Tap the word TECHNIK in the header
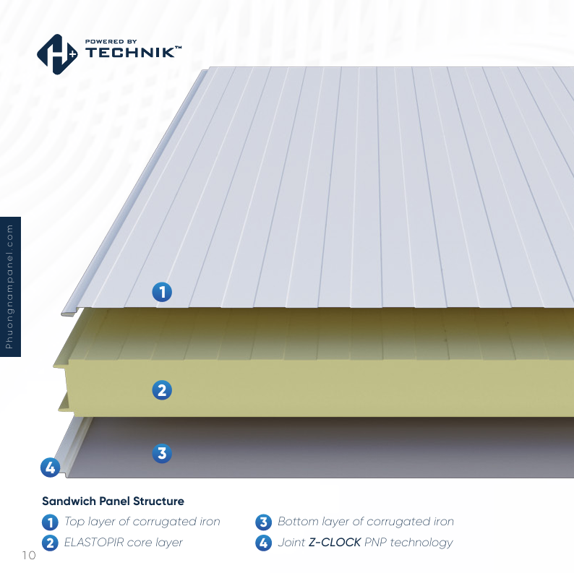point(132,53)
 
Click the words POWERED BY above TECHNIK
point(111,41)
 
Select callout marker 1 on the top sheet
point(162,292)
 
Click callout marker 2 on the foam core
point(162,390)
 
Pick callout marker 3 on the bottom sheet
point(162,454)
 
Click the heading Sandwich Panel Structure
point(113,501)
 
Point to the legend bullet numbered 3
point(263,522)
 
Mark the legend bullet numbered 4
point(263,542)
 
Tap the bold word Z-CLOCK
point(335,542)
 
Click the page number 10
point(29,555)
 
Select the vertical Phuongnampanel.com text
point(10,287)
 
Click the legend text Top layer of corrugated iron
point(142,522)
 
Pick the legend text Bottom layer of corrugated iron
point(366,522)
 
